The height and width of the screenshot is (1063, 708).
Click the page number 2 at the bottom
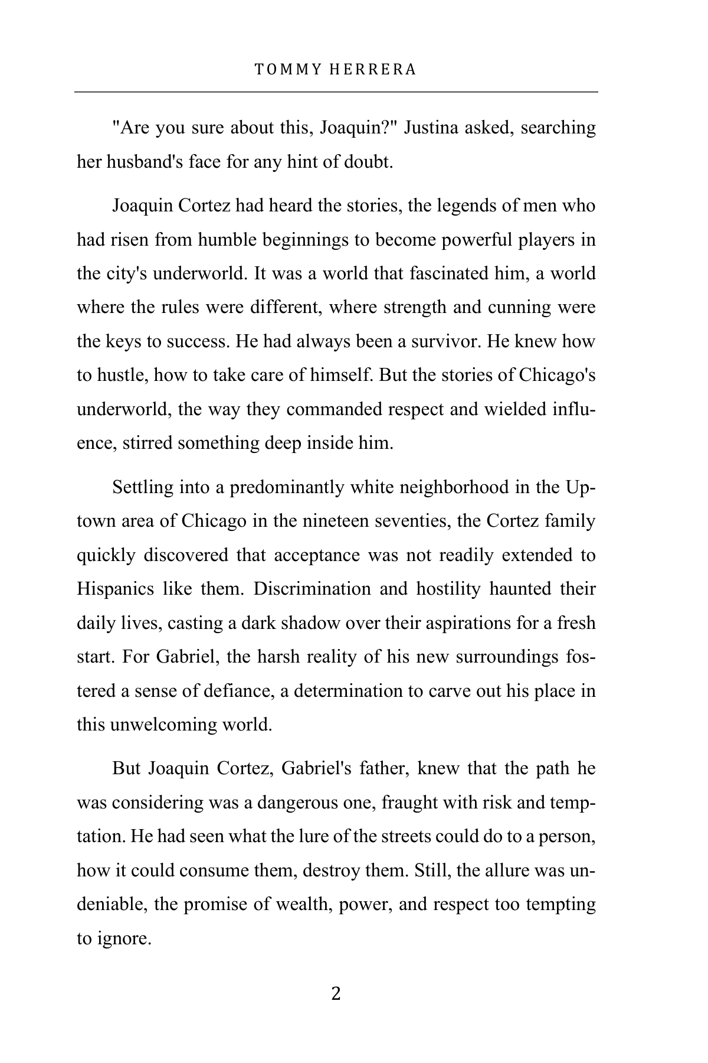coord(336,994)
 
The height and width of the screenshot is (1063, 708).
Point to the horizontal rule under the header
coord(336,92)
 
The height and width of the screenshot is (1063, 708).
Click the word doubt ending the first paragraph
coord(368,162)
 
